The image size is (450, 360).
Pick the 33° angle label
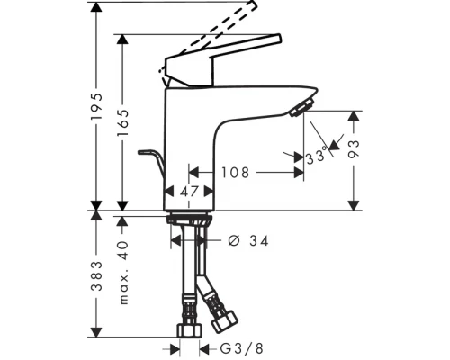point(315,157)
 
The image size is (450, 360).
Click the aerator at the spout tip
point(300,108)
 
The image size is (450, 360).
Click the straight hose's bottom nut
point(190,331)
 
